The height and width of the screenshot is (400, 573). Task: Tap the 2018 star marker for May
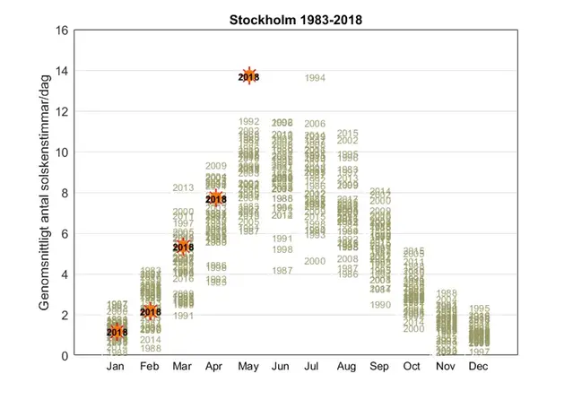(x=249, y=77)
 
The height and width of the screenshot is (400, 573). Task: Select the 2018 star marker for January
(x=117, y=332)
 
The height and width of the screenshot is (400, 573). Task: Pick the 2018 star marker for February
(x=150, y=312)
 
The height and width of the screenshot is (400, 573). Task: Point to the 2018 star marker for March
(x=183, y=247)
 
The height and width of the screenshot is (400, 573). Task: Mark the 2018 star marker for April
(x=216, y=199)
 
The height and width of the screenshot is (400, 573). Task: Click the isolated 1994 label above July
(x=315, y=78)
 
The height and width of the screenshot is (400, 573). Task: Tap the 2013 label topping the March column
(x=183, y=187)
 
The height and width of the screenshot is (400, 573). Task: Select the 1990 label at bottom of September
(x=380, y=305)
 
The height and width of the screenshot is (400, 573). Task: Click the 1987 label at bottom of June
(x=282, y=270)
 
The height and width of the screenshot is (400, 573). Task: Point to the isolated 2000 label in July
(x=315, y=261)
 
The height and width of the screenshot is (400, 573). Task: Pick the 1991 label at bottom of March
(x=183, y=316)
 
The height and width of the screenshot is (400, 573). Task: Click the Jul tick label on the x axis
(x=315, y=367)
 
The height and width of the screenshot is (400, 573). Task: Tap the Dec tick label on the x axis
(x=479, y=367)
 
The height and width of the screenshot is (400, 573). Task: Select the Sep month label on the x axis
(x=380, y=367)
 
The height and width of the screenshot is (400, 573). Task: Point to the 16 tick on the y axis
(x=63, y=30)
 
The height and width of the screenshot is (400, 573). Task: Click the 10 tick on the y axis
(x=63, y=152)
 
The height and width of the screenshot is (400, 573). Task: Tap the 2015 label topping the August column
(x=348, y=134)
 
